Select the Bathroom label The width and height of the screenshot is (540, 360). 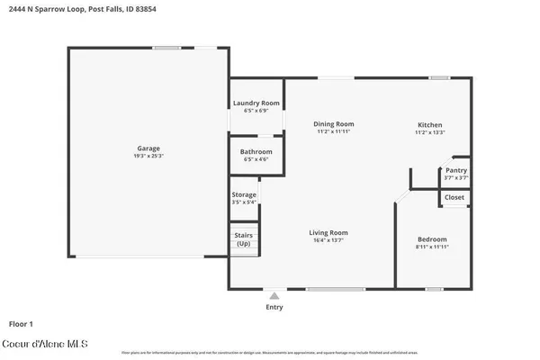pos(256,152)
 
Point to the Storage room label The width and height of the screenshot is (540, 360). pos(244,194)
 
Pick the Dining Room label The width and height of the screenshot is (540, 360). pos(333,123)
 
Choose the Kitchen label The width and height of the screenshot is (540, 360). pos(429,124)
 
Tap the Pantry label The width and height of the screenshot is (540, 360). pos(456,170)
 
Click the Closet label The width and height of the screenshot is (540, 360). pos(454,197)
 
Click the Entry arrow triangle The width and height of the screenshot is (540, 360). pos(274,294)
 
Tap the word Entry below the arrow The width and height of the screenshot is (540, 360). pos(274,307)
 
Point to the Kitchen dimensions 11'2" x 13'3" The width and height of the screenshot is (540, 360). pos(429,132)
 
